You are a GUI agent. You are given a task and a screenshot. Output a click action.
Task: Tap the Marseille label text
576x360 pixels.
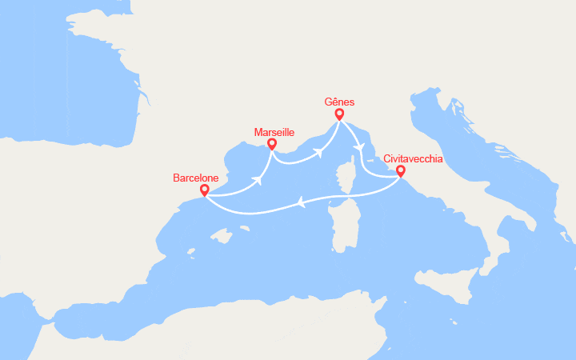pos(274,132)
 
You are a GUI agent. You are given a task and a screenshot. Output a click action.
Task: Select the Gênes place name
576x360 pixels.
pos(340,102)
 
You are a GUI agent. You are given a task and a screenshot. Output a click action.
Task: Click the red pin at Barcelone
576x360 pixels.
pos(205,190)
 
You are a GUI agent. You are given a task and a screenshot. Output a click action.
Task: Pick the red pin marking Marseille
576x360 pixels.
pos(272,145)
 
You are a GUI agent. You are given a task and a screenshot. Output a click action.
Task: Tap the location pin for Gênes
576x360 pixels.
pos(339,114)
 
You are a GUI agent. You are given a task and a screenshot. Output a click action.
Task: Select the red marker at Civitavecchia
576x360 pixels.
pos(400,170)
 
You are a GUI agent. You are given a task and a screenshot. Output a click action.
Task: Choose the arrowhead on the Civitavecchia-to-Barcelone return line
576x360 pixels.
pos(302,203)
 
